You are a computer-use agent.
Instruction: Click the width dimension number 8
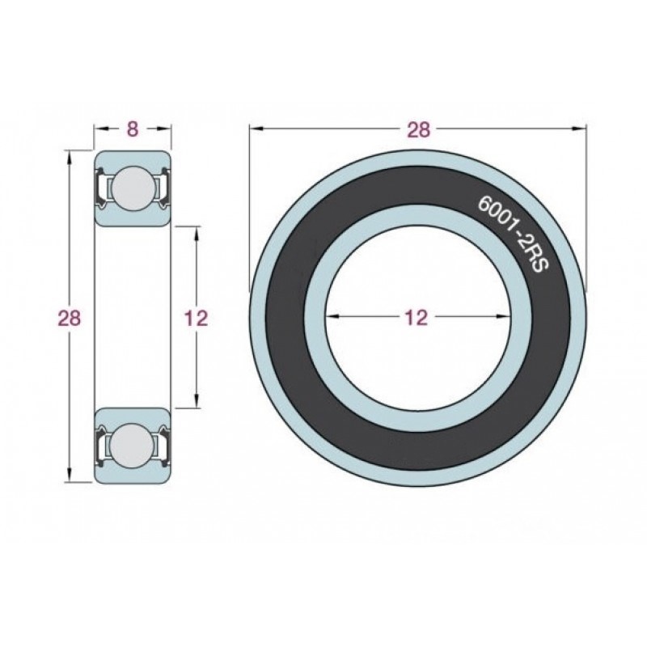click(x=132, y=129)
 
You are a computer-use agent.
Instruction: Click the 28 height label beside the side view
click(x=70, y=318)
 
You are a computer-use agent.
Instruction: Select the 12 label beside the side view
click(x=196, y=318)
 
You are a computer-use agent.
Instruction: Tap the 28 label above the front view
click(x=418, y=129)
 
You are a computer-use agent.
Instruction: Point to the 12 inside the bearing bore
click(x=417, y=318)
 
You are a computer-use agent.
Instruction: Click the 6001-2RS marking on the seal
click(x=513, y=234)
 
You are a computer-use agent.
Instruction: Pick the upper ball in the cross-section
click(x=133, y=188)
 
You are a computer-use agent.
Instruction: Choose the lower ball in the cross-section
click(x=133, y=446)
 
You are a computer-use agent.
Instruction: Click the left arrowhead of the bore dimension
click(x=332, y=316)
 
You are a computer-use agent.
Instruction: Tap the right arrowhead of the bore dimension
click(x=502, y=316)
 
